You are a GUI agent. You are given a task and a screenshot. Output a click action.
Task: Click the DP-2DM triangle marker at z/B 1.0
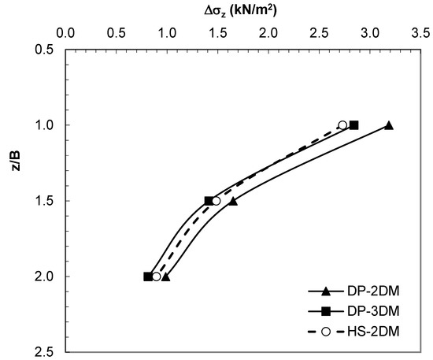point(388,124)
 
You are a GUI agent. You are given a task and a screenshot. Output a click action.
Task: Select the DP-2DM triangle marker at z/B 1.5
point(233,201)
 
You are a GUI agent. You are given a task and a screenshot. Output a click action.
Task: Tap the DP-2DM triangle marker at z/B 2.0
point(165,276)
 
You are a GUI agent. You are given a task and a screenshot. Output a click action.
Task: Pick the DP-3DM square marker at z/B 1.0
point(354,125)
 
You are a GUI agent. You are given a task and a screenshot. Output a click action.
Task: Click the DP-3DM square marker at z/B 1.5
point(209,201)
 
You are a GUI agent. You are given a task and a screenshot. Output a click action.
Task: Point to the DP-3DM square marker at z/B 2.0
point(148,276)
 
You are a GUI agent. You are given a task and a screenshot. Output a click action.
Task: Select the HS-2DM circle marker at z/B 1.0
point(342,125)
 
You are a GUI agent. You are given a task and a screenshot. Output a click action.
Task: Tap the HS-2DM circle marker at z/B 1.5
point(216,201)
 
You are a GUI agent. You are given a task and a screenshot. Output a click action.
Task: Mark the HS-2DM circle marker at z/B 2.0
point(156,276)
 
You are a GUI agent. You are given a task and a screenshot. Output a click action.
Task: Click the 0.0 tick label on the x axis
point(65,34)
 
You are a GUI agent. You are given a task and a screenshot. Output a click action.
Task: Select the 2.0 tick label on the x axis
point(268,34)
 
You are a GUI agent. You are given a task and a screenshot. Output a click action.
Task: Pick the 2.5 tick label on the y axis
point(43,352)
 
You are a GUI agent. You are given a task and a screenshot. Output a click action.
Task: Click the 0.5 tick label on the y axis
point(43,49)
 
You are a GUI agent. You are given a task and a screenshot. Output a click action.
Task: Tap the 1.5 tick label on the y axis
point(43,201)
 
